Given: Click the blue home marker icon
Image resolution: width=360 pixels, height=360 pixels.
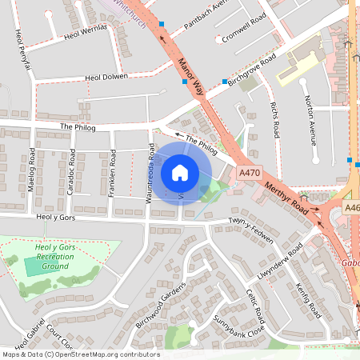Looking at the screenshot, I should (x=180, y=172).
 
